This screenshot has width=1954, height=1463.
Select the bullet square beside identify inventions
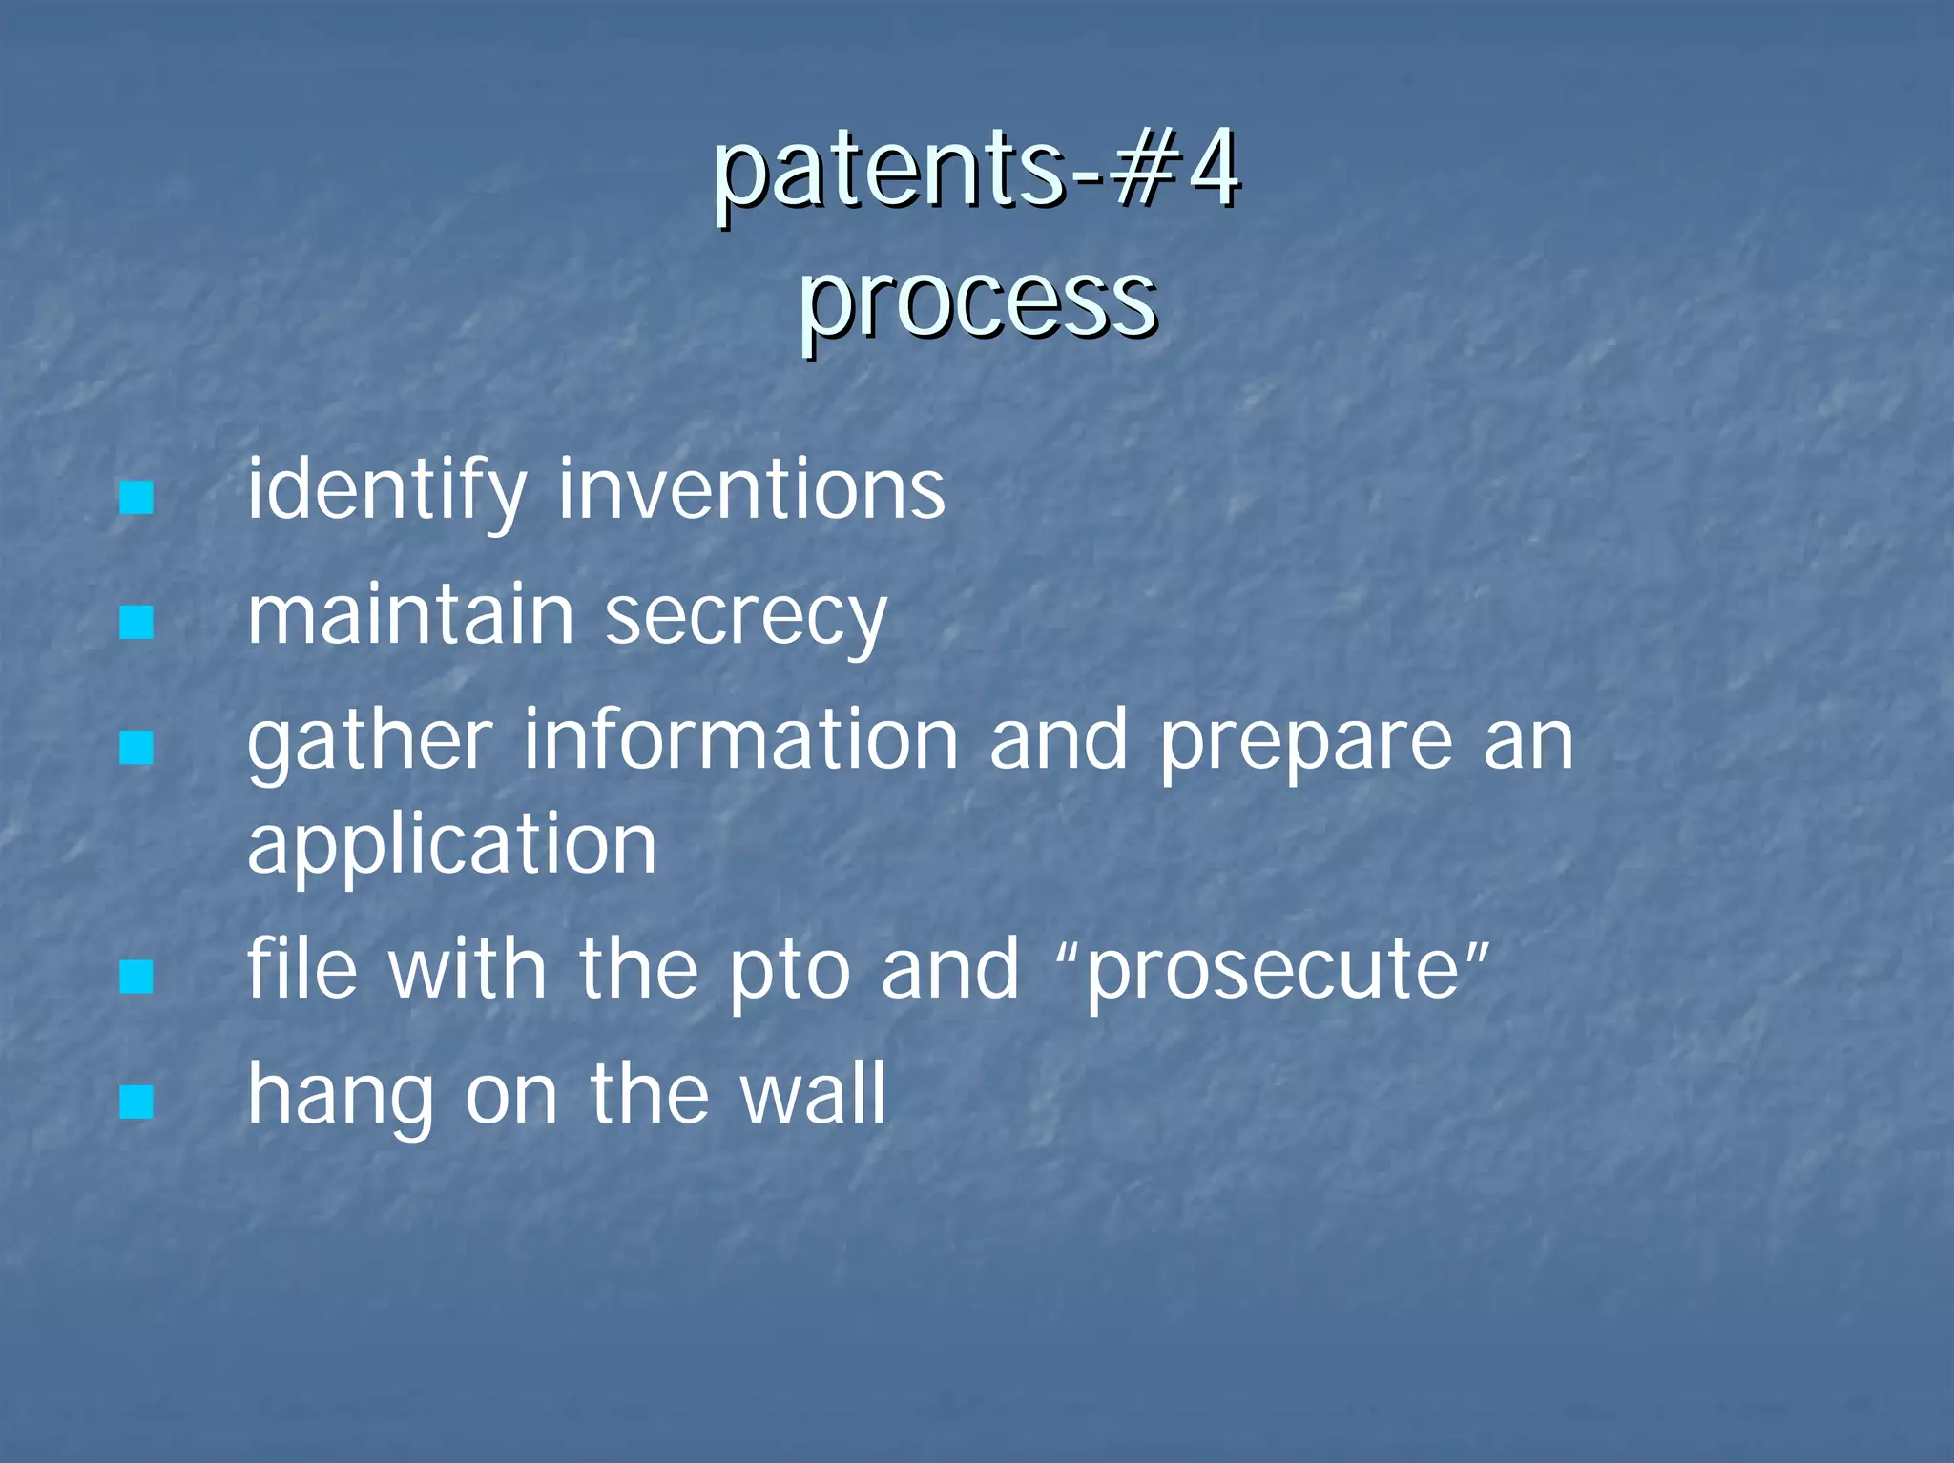(x=137, y=498)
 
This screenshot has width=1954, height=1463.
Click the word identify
(x=386, y=491)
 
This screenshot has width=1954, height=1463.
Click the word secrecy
(x=746, y=618)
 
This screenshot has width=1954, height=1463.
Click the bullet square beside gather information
(x=137, y=748)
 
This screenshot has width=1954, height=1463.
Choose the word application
(x=452, y=847)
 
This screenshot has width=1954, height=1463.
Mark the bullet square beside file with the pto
(x=137, y=976)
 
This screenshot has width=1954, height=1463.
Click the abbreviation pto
(x=788, y=971)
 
